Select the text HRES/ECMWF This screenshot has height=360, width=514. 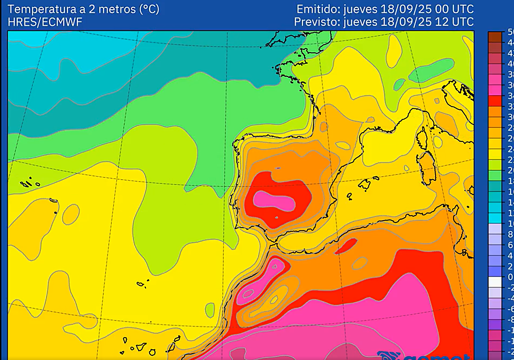point(45,22)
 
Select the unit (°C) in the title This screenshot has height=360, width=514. point(149,9)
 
